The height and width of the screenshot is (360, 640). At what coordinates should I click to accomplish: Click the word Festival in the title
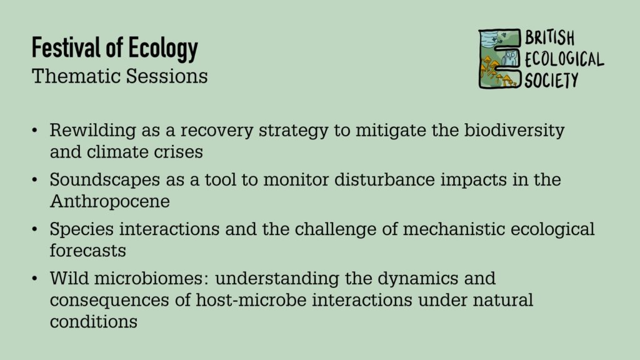[x=66, y=47]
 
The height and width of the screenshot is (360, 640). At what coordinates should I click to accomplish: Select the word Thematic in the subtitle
[x=76, y=76]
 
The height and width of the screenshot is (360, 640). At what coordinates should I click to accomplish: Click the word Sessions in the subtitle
[x=167, y=76]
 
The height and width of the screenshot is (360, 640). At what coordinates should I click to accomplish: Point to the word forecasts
[x=87, y=251]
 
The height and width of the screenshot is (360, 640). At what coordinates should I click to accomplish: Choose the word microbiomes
[x=151, y=278]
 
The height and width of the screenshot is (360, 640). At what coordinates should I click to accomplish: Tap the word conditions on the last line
[x=94, y=322]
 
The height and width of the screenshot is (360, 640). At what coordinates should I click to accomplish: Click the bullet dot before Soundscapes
[x=35, y=180]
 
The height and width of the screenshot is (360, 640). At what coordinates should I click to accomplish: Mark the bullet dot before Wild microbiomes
[x=35, y=279]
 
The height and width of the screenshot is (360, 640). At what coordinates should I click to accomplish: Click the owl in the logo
[x=509, y=59]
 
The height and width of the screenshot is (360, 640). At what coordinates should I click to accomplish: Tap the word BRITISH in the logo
[x=549, y=38]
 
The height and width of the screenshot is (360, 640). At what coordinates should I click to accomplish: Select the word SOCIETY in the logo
[x=551, y=80]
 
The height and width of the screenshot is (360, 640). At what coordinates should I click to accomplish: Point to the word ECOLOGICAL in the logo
[x=564, y=59]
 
